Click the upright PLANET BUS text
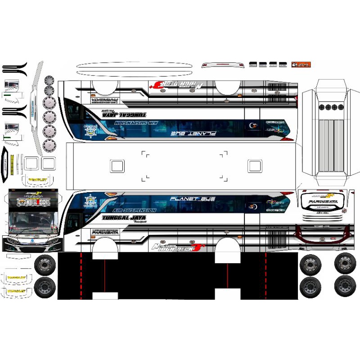tap(192, 199)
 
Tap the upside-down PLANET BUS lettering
tap(194, 134)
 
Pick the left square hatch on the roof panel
tap(117, 166)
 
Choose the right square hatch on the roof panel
tap(255, 166)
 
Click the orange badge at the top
tap(301, 65)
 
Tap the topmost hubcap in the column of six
tap(49, 81)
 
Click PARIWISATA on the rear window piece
tap(319, 202)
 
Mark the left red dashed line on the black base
tap(81, 275)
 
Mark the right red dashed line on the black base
tap(266, 275)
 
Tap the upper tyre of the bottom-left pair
tap(45, 263)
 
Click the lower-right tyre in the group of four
tap(345, 285)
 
